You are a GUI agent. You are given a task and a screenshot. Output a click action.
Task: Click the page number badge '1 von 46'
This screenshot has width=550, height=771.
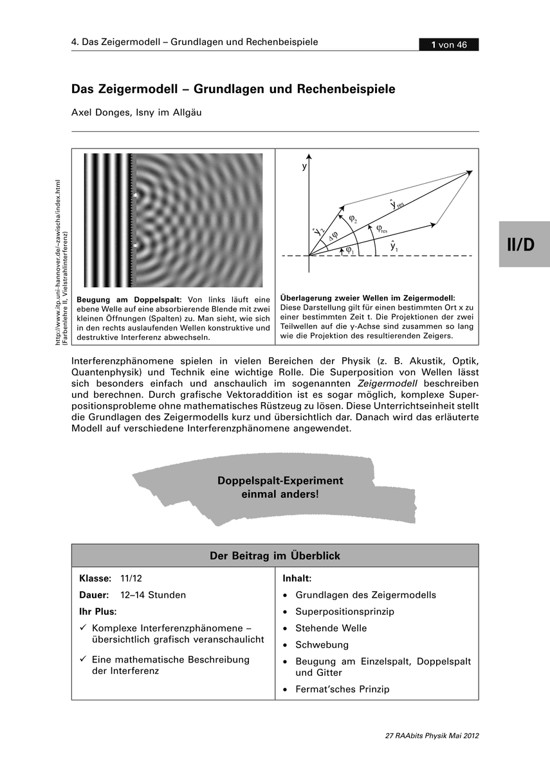tap(449, 44)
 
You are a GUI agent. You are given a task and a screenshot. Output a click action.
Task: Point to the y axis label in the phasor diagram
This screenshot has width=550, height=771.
tap(304, 166)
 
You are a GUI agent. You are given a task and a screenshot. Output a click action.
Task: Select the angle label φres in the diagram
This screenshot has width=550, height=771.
tap(381, 228)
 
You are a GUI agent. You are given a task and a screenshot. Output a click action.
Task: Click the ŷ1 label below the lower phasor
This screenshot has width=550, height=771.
tap(394, 245)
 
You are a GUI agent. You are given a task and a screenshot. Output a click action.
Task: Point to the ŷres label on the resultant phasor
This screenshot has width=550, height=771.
tap(396, 204)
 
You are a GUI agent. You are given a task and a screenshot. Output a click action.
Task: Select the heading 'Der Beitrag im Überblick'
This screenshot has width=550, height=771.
tap(275, 556)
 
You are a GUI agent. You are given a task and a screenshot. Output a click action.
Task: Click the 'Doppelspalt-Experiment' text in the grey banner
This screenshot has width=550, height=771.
tap(280, 481)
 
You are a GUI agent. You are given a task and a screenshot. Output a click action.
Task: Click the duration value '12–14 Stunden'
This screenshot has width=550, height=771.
tap(153, 595)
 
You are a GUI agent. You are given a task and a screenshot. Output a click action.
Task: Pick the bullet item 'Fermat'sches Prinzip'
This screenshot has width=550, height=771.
tap(342, 689)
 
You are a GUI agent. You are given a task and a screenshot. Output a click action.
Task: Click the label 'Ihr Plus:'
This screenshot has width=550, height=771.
tap(98, 612)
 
